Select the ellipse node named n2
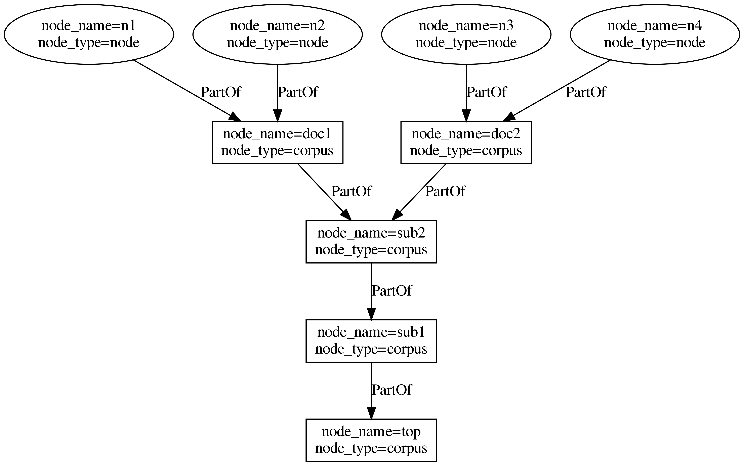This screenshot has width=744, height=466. point(277,34)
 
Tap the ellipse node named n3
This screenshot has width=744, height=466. point(466,34)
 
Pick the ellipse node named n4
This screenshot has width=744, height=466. point(655,34)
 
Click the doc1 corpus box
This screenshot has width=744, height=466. point(277,142)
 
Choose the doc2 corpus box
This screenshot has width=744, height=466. point(466,142)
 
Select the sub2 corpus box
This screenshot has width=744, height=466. point(371,242)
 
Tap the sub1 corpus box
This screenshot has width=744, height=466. point(371,341)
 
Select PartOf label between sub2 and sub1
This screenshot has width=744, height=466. point(391,291)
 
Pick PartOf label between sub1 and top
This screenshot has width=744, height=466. point(391,390)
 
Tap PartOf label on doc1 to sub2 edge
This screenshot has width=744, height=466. point(351,191)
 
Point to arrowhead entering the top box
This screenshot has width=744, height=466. point(371,413)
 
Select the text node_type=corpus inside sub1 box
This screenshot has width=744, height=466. point(371,349)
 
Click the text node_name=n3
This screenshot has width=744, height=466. point(466,26)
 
